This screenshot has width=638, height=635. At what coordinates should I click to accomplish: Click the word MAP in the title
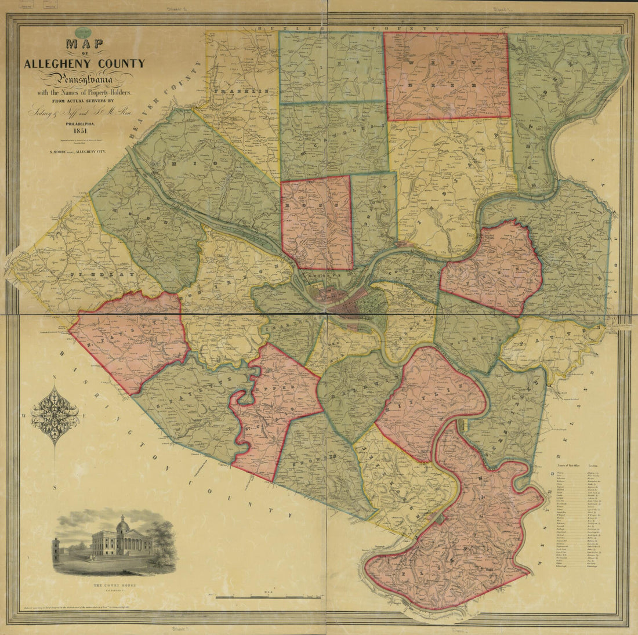click(x=84, y=45)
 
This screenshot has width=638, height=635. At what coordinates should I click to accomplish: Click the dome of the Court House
click(x=122, y=526)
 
